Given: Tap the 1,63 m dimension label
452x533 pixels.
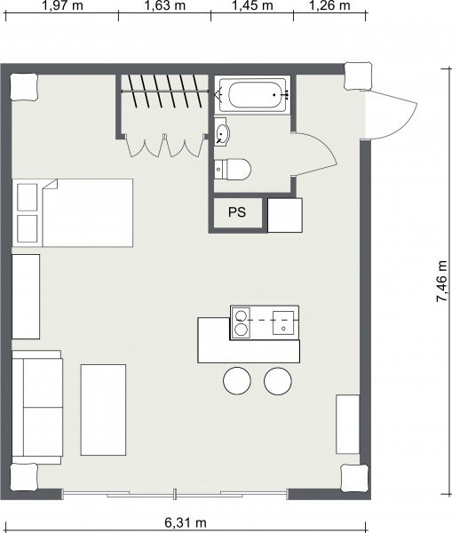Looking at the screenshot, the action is [x=165, y=5].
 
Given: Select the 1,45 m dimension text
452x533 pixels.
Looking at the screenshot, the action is [x=253, y=5].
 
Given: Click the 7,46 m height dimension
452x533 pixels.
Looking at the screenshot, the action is [x=442, y=282].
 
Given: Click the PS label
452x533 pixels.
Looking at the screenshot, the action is [x=237, y=212].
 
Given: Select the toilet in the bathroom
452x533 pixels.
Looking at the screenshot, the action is [x=233, y=169].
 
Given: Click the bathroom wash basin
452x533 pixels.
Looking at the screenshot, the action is [x=222, y=132].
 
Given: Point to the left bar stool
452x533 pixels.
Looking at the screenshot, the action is [x=237, y=381].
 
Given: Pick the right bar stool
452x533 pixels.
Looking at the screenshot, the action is [x=278, y=381].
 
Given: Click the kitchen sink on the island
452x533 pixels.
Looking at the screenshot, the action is [x=283, y=322].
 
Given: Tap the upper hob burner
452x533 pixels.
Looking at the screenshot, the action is [x=241, y=314].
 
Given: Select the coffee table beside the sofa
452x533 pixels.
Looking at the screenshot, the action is [x=103, y=410].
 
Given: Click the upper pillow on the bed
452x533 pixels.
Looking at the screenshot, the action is [x=28, y=197].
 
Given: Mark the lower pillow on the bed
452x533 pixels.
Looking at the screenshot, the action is [x=28, y=228].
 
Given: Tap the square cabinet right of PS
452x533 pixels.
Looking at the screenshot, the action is [x=285, y=215].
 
